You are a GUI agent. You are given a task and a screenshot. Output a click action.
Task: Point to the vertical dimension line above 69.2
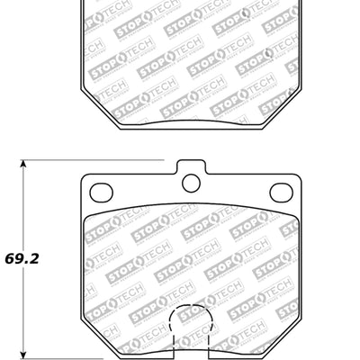pos(24,207)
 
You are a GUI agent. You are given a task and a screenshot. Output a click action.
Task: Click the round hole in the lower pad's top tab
pos(190,184)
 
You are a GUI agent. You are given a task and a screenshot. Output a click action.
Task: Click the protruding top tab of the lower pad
pos(190,171)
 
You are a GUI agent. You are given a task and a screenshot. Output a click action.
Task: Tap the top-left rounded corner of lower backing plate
pos(85,179)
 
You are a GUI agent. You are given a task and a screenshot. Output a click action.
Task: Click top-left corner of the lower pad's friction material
pos(85,219)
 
